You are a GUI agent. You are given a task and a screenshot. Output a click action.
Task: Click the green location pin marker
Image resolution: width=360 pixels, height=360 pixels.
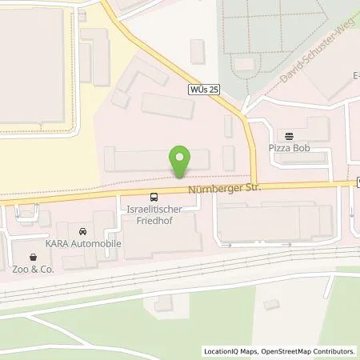pyautogui.click(x=181, y=161)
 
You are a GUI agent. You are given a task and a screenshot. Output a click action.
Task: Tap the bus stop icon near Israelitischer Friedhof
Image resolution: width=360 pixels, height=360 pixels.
pyautogui.click(x=153, y=196)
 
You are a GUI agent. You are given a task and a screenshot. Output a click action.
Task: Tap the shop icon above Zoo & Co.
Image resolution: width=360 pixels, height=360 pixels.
pyautogui.click(x=33, y=258)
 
